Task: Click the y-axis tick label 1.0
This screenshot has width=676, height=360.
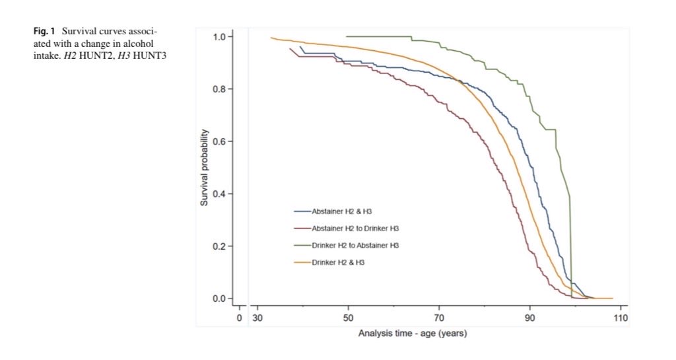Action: pyautogui.click(x=219, y=36)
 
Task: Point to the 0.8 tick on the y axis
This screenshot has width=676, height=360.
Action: pyautogui.click(x=219, y=89)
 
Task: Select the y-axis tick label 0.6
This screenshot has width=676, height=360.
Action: pyautogui.click(x=219, y=141)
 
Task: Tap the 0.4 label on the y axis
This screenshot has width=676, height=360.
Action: pyautogui.click(x=219, y=194)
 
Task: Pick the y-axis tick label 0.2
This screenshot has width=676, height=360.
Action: pyautogui.click(x=219, y=246)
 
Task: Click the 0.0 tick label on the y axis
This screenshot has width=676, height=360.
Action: pyautogui.click(x=219, y=299)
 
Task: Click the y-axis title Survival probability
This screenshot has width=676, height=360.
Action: pyautogui.click(x=205, y=166)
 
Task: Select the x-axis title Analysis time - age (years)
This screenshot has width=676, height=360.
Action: pyautogui.click(x=413, y=333)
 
